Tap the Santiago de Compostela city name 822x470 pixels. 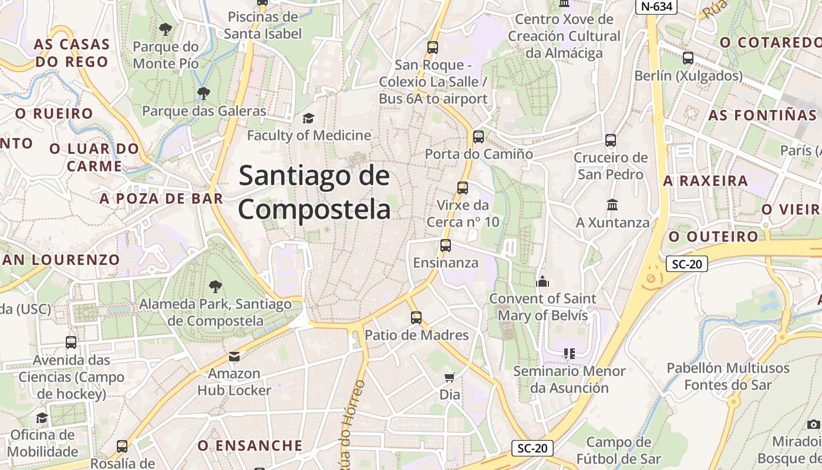tap(314, 192)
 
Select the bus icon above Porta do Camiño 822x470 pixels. tap(479, 137)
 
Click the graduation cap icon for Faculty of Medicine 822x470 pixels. tap(308, 119)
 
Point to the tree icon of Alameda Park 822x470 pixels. tap(215, 287)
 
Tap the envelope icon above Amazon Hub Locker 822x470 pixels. tap(234, 356)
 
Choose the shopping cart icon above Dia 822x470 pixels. tap(449, 377)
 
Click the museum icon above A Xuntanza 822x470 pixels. tap(612, 205)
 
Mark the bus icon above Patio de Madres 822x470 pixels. tap(416, 318)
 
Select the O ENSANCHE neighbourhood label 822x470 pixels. tap(250, 445)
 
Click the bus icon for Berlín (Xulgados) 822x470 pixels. tap(688, 58)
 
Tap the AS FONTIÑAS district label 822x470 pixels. tap(762, 115)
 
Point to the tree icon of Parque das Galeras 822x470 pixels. tap(204, 93)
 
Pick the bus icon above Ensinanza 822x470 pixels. tap(446, 246)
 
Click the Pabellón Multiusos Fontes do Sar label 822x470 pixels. tap(728, 377)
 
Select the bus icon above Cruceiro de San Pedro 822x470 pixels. tap(611, 140)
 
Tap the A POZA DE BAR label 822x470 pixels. tap(161, 199)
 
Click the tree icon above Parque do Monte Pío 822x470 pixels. tap(166, 28)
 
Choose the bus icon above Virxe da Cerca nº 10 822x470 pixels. tap(463, 188)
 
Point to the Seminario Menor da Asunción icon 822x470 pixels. tap(569, 354)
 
